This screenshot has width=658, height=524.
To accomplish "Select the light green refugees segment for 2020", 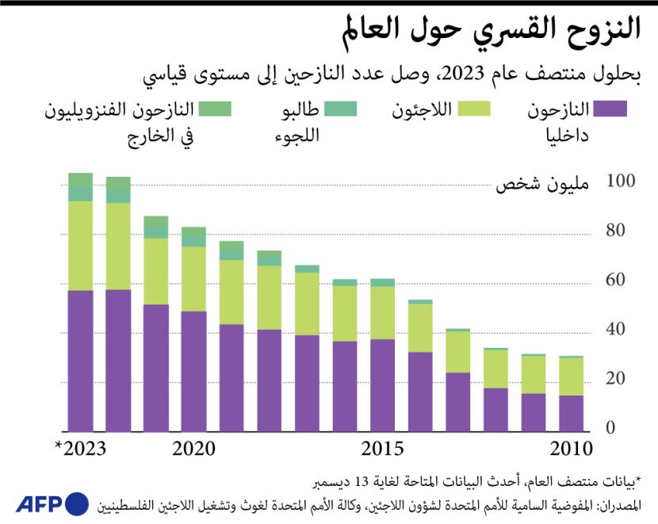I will coord(193,279).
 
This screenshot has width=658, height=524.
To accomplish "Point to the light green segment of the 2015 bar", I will coord(382,312).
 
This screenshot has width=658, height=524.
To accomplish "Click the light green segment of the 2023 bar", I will coord(81,246).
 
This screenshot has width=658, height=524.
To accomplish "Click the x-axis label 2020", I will coord(193,449).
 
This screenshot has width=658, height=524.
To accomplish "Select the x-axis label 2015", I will coord(383,449).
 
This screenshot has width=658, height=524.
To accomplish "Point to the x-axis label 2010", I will coord(572,449).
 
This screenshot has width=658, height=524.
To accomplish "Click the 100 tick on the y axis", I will coord(621,182).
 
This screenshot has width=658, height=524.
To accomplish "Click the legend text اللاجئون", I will coord(423,109).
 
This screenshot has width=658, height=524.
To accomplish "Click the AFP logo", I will coord(52,503).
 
